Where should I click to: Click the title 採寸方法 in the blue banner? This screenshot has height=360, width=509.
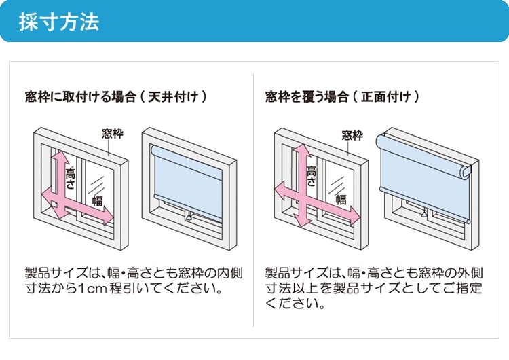58,22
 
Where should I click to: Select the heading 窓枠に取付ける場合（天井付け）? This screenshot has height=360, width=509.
115,97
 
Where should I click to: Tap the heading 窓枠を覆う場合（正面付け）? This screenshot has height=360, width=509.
343,97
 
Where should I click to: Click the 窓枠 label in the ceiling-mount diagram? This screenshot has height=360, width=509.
113,133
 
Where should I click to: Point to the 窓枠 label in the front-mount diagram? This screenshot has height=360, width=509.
352,135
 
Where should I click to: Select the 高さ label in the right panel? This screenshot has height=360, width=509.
312,176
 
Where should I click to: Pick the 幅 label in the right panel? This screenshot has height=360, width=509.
341,200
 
